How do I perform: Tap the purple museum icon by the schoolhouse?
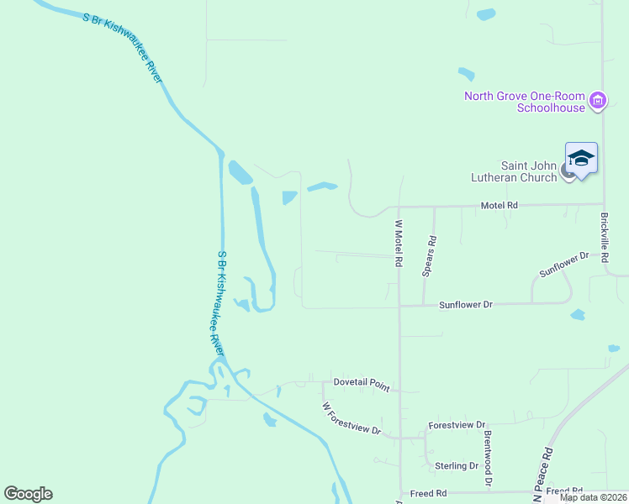598,102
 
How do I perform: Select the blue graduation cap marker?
581,158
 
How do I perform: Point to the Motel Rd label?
499,205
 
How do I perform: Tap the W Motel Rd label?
399,244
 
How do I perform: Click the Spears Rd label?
430,255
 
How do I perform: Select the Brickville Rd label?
604,238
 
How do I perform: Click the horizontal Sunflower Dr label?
465,305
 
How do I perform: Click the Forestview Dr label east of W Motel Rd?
457,426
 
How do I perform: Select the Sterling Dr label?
457,465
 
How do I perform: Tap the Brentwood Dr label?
487,459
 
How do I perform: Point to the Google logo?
28,494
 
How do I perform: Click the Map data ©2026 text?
593,497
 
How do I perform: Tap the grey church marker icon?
568,175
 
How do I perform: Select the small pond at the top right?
486,14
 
